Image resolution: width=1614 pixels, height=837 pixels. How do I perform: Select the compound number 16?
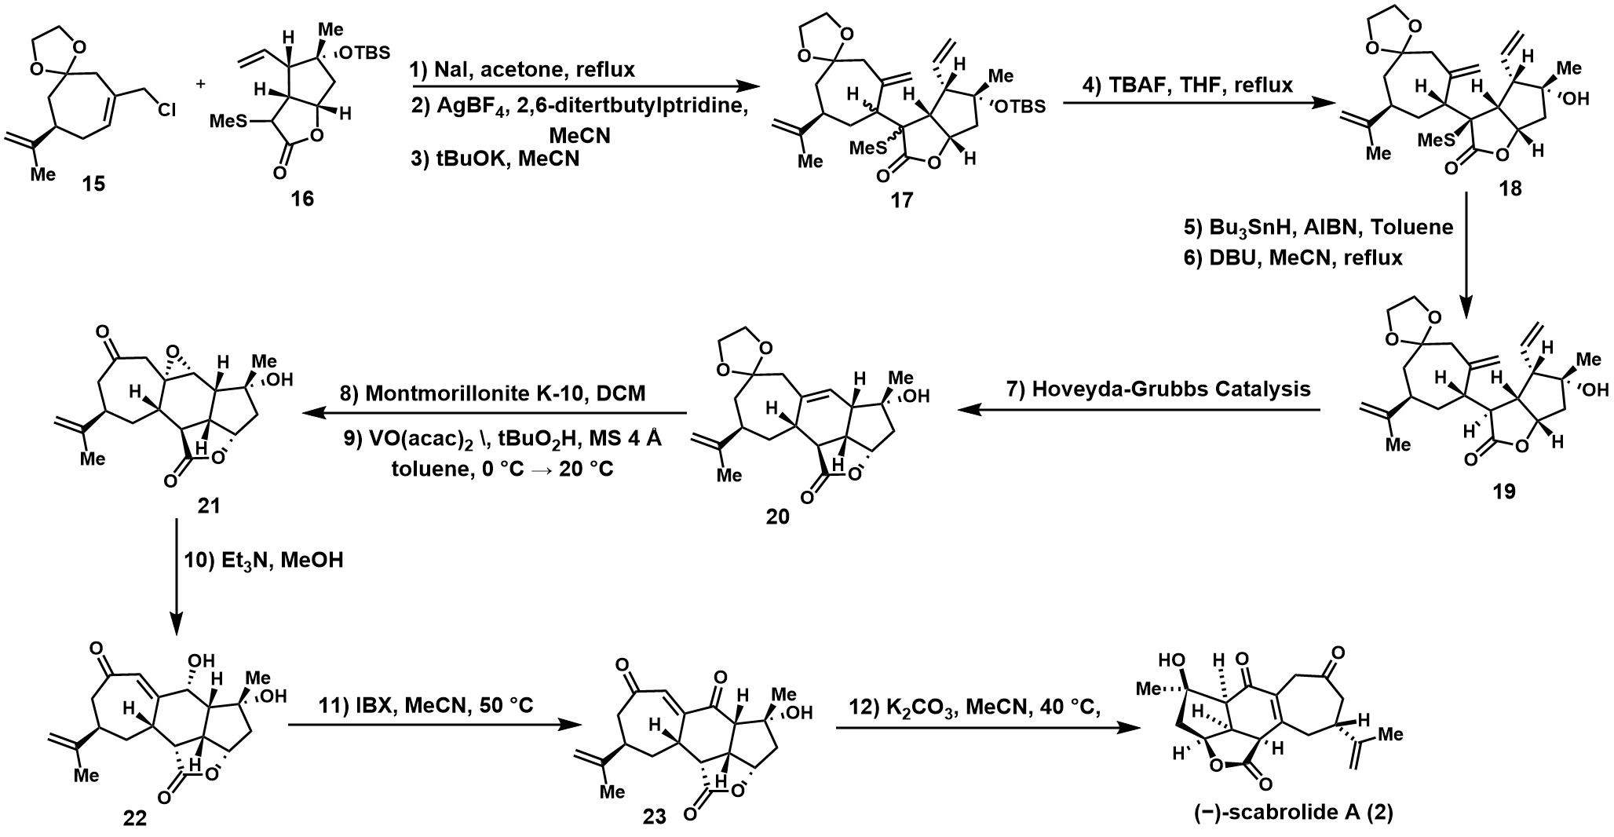point(302,199)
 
